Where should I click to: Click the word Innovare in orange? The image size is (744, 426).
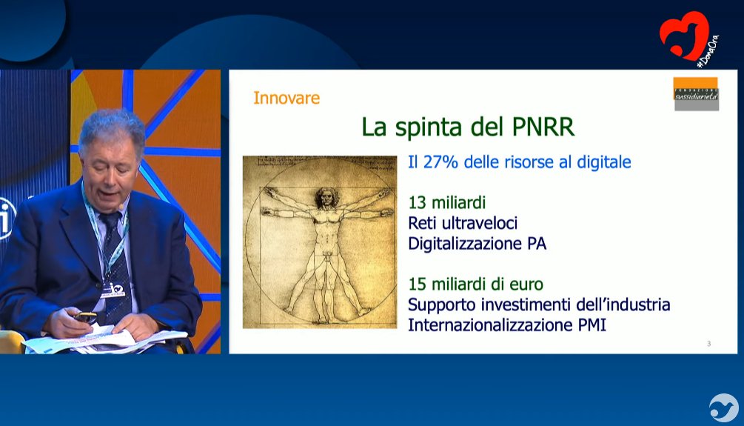point(286,97)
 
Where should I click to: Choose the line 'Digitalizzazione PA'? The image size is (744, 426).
point(477,243)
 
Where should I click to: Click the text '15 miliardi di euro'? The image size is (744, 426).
point(475,284)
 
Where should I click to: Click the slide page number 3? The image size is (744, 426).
point(708,343)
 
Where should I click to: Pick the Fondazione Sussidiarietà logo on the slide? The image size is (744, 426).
point(696,93)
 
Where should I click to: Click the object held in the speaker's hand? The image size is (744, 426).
point(85,316)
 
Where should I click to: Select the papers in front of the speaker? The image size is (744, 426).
point(104,339)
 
